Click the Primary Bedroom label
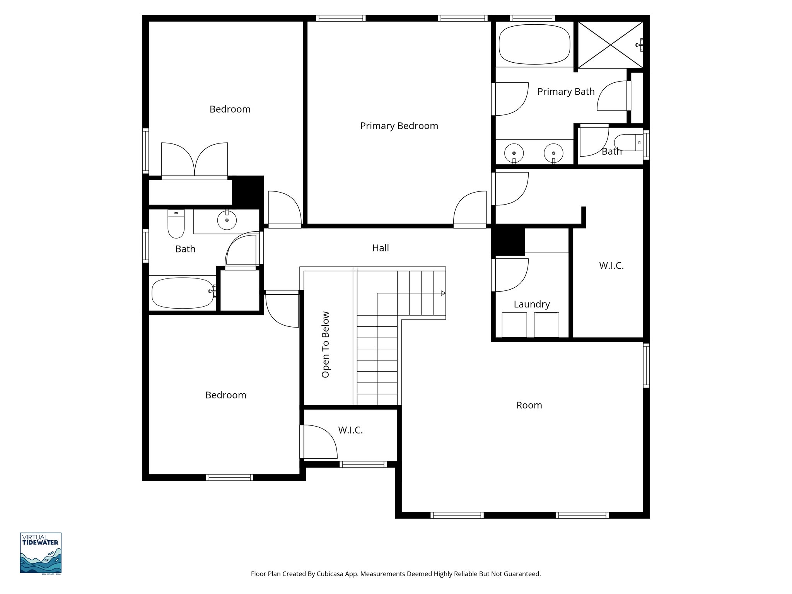399,126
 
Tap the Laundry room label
531,304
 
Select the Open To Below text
326,344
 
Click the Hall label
380,248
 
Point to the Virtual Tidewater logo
41,553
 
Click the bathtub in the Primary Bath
534,44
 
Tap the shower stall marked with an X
610,45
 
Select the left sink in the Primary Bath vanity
514,153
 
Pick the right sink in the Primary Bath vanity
553,153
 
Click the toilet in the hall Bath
176,224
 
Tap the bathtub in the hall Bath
183,293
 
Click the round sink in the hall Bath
227,220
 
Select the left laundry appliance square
514,325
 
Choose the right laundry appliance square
546,325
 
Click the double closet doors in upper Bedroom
195,160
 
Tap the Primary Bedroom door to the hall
469,209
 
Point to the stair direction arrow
443,293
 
